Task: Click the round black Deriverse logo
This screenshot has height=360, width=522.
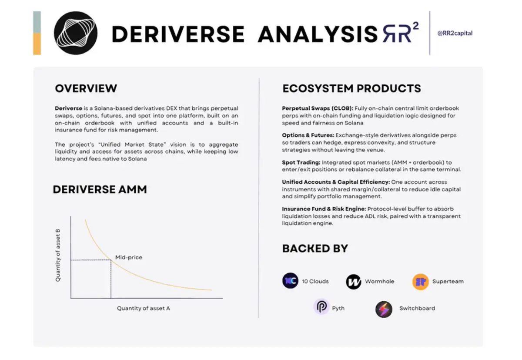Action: click(76, 33)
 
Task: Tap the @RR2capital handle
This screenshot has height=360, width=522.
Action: click(455, 33)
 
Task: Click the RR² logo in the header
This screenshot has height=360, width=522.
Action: click(401, 32)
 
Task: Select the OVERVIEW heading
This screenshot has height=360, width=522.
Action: click(86, 88)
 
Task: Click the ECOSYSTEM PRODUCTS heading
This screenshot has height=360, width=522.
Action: click(351, 88)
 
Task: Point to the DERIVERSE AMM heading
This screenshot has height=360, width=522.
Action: click(100, 189)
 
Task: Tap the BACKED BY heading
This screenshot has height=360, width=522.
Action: click(315, 248)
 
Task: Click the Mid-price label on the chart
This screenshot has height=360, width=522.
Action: click(129, 257)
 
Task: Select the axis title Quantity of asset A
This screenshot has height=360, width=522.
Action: click(143, 308)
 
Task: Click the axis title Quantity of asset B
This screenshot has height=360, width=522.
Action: click(58, 255)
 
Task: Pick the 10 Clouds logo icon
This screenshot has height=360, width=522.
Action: click(291, 280)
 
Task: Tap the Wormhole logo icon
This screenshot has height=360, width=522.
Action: click(354, 282)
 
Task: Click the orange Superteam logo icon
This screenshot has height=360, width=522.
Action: click(420, 282)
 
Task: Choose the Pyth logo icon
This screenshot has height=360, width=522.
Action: click(321, 306)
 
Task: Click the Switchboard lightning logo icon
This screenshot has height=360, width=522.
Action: click(384, 310)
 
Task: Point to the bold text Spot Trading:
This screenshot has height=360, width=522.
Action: click(301, 162)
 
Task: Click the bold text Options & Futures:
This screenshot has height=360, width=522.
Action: click(308, 135)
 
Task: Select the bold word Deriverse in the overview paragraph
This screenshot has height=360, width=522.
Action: click(69, 108)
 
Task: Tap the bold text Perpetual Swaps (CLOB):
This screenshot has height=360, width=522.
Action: click(318, 108)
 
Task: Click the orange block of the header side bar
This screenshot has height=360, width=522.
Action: click(37, 44)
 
